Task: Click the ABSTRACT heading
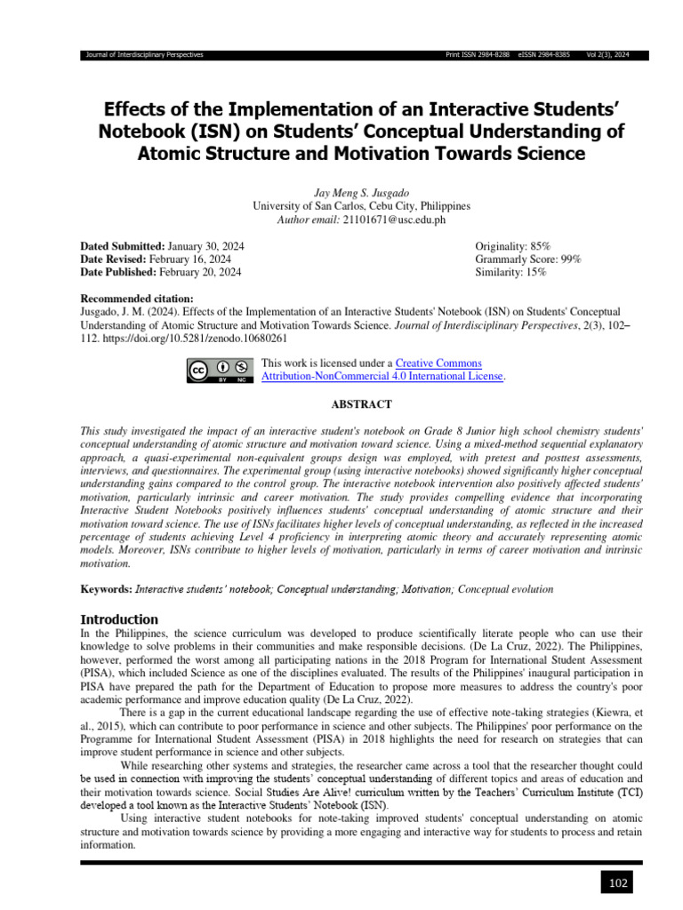pos(361,404)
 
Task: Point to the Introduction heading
pos(119,619)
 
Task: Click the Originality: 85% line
pos(513,245)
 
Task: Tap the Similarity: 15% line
pos(511,272)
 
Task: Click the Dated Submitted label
pos(123,245)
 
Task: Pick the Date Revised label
pos(114,259)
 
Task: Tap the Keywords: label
pos(106,589)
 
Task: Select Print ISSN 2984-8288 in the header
pos(477,55)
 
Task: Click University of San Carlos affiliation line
pos(362,205)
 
